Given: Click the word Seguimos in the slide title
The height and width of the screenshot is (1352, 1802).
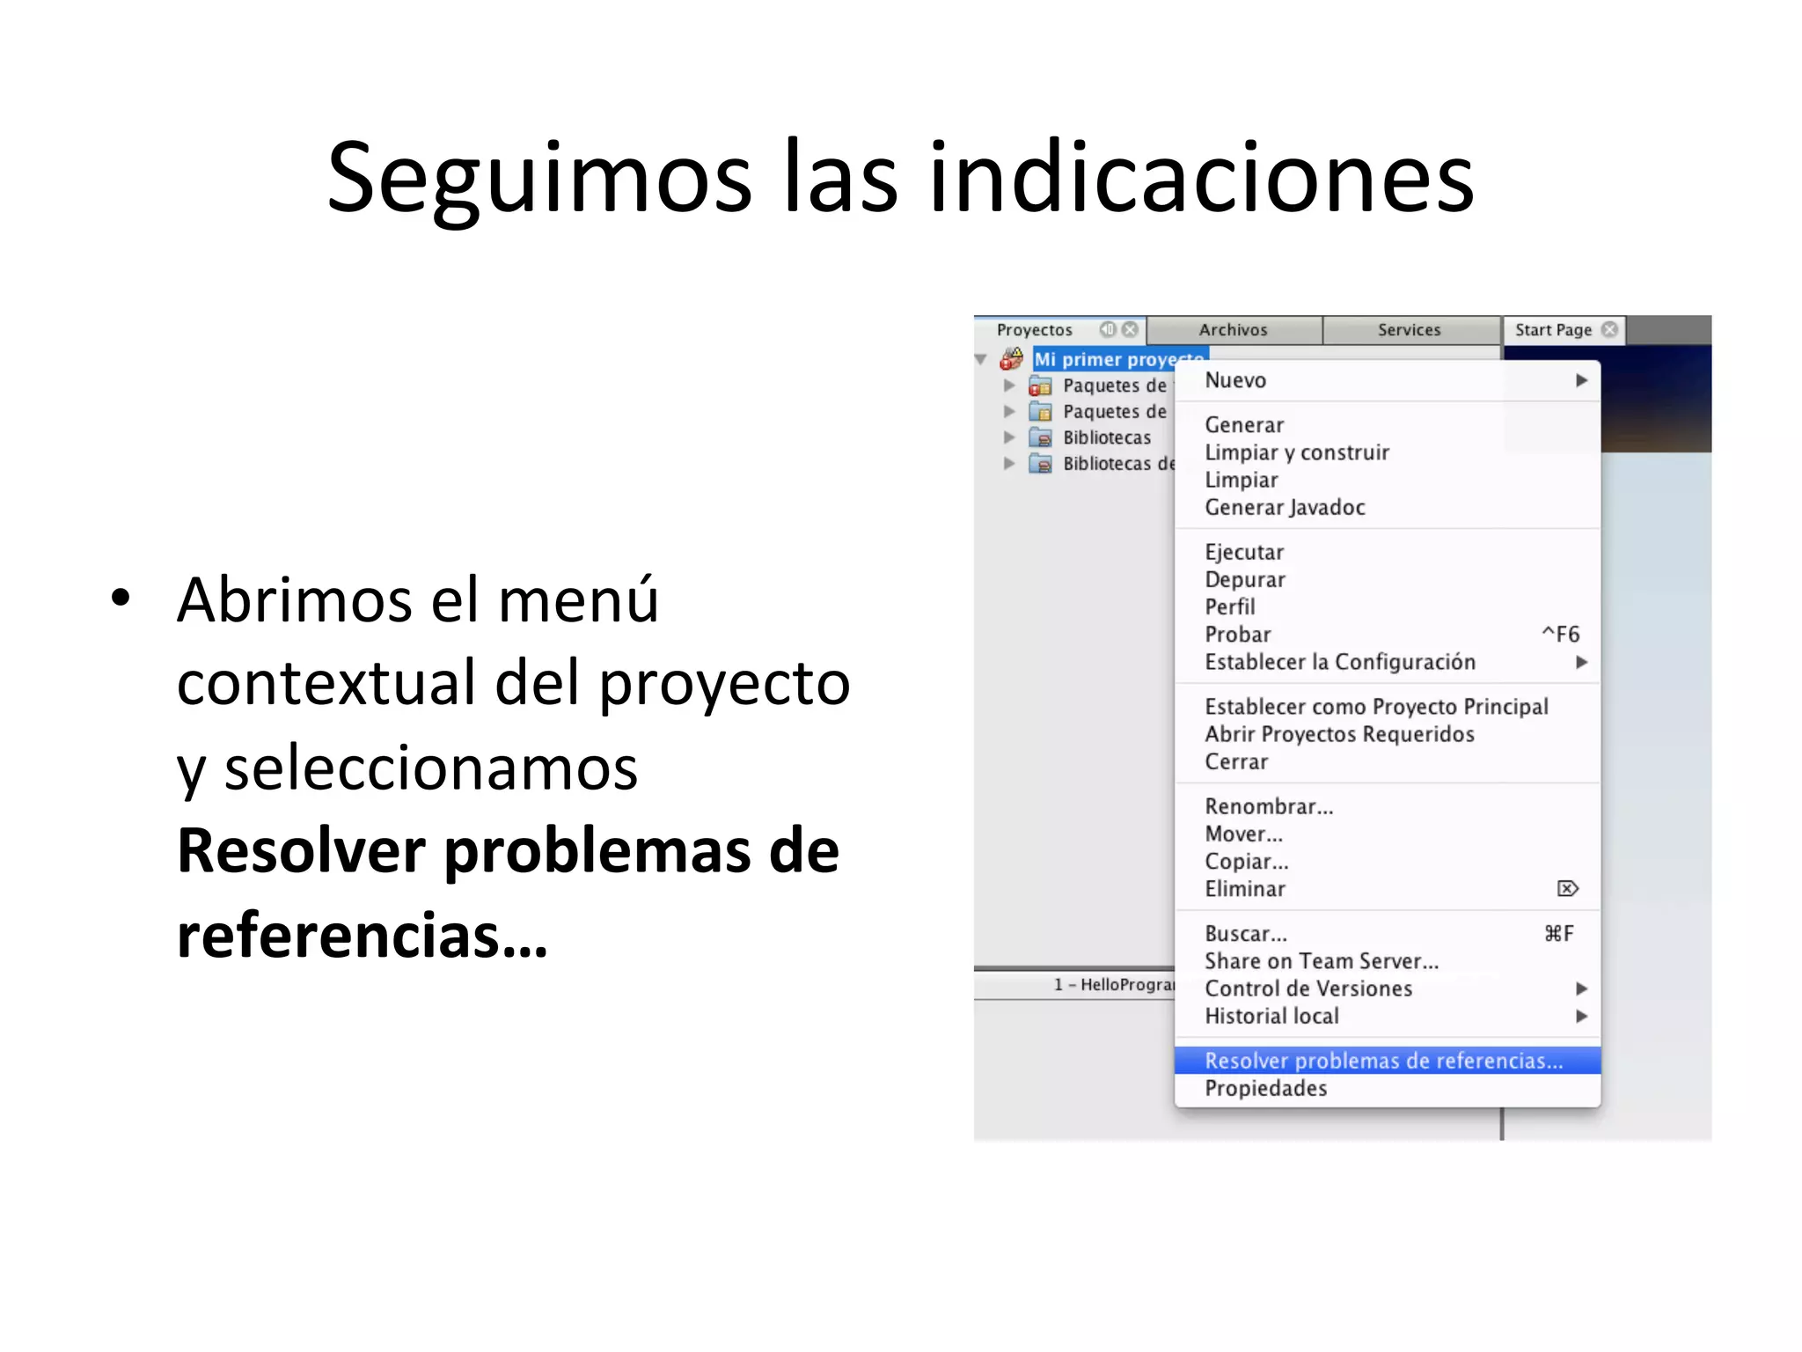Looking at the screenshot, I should tap(539, 179).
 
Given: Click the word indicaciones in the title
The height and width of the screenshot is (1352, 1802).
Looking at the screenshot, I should tap(1201, 179).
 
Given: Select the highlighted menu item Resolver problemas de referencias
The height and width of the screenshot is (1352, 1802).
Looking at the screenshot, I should tap(1383, 1061).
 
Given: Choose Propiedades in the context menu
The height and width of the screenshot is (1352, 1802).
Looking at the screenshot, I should tap(1265, 1089).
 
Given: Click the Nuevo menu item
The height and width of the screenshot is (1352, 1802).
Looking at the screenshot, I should tap(1235, 380).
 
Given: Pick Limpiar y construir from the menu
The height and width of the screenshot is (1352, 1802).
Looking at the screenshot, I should tap(1296, 452).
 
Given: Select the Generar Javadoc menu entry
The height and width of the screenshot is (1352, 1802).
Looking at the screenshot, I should tap(1285, 508).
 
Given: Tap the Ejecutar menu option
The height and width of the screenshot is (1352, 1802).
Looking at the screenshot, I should tap(1244, 553).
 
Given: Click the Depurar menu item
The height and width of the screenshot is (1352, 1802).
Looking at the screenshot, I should tap(1245, 580).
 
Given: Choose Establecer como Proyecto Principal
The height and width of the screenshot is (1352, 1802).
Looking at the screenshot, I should tap(1376, 707).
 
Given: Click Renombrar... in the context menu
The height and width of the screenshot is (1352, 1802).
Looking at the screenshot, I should tap(1269, 807).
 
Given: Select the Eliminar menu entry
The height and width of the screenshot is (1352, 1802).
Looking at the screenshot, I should tap(1245, 889).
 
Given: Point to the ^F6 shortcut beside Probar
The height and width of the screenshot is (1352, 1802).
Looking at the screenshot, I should tap(1561, 635).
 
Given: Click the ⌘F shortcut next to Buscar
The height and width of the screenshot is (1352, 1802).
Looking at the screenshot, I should tap(1559, 934).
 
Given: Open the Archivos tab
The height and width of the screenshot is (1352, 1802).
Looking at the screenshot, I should tap(1233, 330).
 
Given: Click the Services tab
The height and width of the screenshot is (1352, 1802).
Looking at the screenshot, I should tap(1409, 330).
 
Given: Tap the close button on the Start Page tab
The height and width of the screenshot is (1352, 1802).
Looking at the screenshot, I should tap(1609, 329).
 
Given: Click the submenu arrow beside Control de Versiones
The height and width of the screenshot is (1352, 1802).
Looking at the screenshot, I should tap(1581, 988).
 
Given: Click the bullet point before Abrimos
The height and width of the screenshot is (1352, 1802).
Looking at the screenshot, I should tap(121, 599).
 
